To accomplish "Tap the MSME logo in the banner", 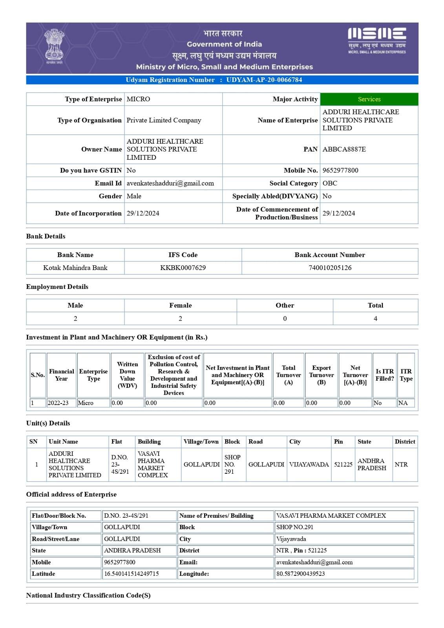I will pos(376,40).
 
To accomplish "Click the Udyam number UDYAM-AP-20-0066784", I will pos(264,80).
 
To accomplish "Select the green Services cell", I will pos(369,99).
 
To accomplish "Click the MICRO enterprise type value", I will pos(138,99).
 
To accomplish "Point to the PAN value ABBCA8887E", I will pos(344,149).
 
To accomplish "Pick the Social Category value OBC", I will pos(330,183).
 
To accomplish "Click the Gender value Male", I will pos(134,196).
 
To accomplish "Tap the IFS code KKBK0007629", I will pos(183,268).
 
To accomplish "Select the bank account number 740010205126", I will pos(330,268).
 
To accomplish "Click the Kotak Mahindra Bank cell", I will pos(75,268).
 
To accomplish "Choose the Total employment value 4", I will pos(375,318).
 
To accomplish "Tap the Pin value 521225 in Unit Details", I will pos(343,464).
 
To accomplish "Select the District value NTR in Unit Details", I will pos(401,464).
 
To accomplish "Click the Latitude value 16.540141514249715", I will pos(132,573).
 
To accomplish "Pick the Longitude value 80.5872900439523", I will pos(301,573).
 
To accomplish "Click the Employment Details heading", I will pos(57,287).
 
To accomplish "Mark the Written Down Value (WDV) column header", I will pos(127,375).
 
